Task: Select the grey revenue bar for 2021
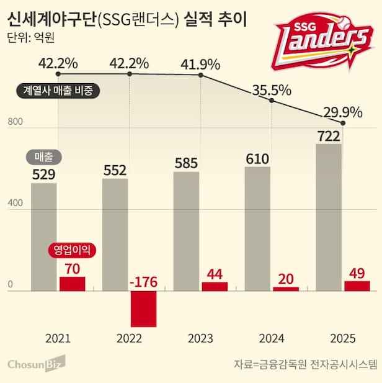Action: pyautogui.click(x=44, y=237)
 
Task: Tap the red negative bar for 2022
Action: pyautogui.click(x=143, y=309)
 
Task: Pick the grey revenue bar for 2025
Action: pyautogui.click(x=329, y=217)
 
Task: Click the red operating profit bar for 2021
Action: pyautogui.click(x=73, y=284)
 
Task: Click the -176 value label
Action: pyautogui.click(x=143, y=282)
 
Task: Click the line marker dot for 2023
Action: pyautogui.click(x=201, y=76)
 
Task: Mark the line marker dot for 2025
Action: pyautogui.click(x=343, y=123)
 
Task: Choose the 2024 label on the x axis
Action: pyautogui.click(x=272, y=339)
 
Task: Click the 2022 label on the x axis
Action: pyautogui.click(x=129, y=339)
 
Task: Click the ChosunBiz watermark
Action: pyautogui.click(x=36, y=363)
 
